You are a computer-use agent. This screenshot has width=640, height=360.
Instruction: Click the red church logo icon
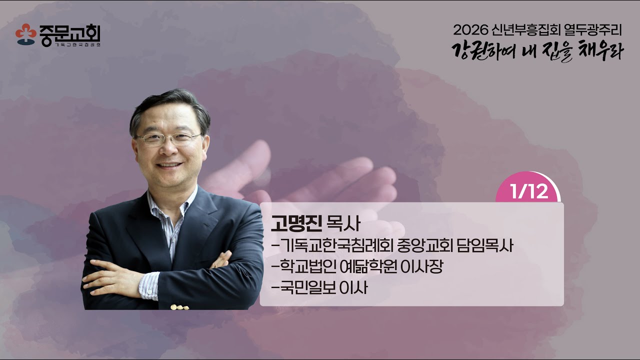[x=25, y=35]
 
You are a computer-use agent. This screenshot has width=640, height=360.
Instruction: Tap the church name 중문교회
[x=70, y=34]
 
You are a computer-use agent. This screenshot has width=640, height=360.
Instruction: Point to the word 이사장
[x=424, y=267]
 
